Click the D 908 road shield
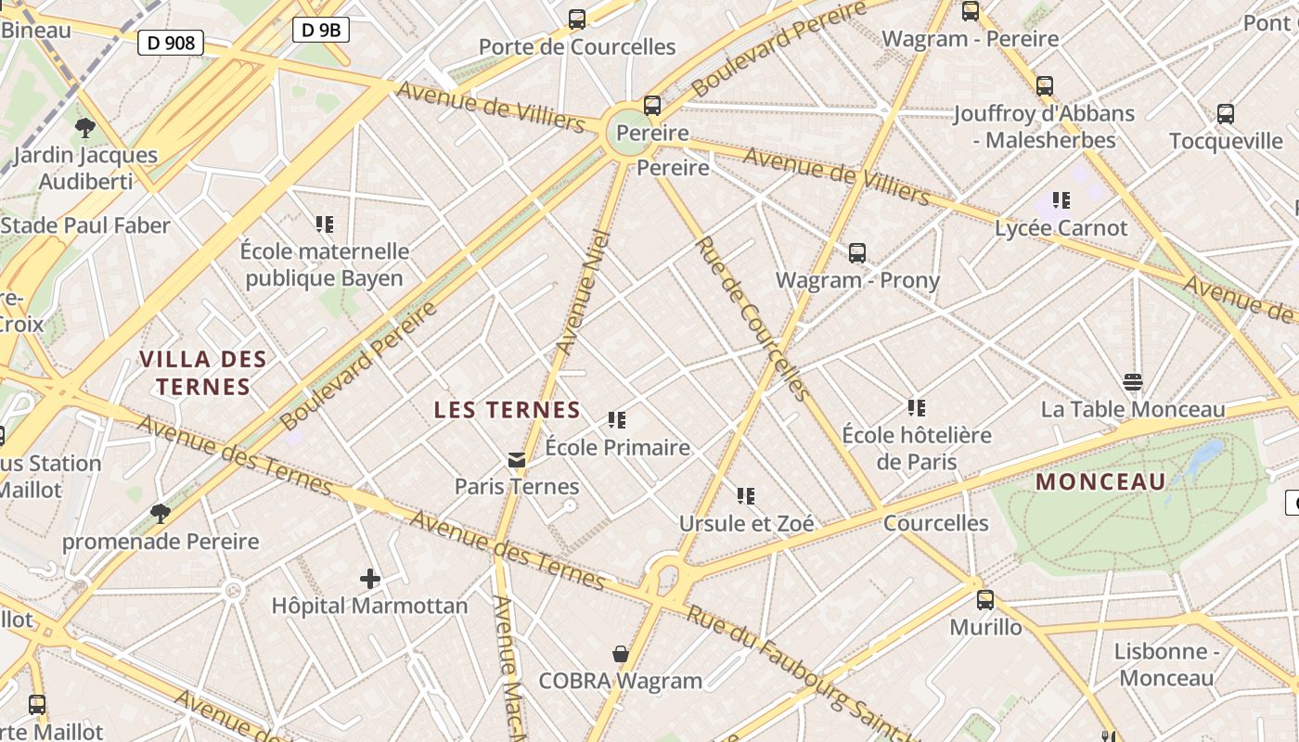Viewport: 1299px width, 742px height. pyautogui.click(x=171, y=42)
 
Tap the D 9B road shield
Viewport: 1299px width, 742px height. pyautogui.click(x=322, y=30)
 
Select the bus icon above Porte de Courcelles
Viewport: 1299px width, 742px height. pyautogui.click(x=577, y=19)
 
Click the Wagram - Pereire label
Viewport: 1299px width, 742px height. pyautogui.click(x=970, y=39)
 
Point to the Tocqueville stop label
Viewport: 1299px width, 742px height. pyautogui.click(x=1226, y=141)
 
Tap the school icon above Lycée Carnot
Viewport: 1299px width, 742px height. pyautogui.click(x=1061, y=200)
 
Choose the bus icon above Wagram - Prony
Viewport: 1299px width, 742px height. pyautogui.click(x=857, y=252)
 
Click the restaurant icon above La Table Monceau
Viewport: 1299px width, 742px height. pyautogui.click(x=1132, y=382)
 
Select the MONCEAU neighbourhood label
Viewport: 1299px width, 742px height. pyautogui.click(x=1100, y=481)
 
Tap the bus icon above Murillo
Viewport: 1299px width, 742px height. pyautogui.click(x=985, y=600)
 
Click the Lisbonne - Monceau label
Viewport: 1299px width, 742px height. pyautogui.click(x=1167, y=664)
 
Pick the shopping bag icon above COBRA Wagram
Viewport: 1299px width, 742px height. pyautogui.click(x=621, y=654)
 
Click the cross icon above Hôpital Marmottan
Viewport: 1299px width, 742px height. pyautogui.click(x=369, y=580)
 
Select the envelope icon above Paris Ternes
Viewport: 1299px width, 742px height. pyautogui.click(x=517, y=460)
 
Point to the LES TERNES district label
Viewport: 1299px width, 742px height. pyautogui.click(x=508, y=410)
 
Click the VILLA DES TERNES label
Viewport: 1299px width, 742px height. pyautogui.click(x=203, y=373)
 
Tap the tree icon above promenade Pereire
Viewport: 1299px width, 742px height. pyautogui.click(x=160, y=513)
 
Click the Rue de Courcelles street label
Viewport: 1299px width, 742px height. pyautogui.click(x=752, y=318)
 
